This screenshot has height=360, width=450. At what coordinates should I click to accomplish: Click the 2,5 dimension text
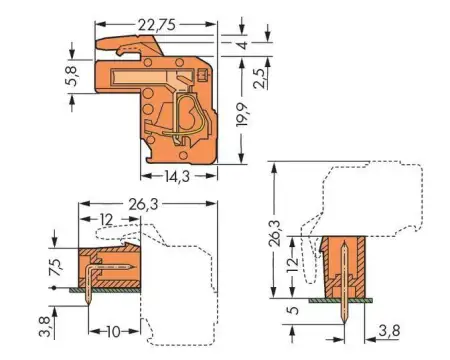[259, 76]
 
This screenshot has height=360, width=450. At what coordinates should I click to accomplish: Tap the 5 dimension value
[290, 310]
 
